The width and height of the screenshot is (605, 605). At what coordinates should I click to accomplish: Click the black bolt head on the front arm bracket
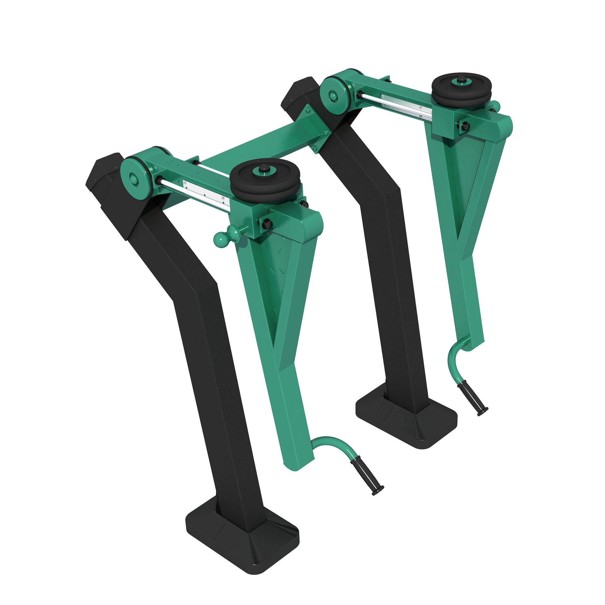coord(266,224)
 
